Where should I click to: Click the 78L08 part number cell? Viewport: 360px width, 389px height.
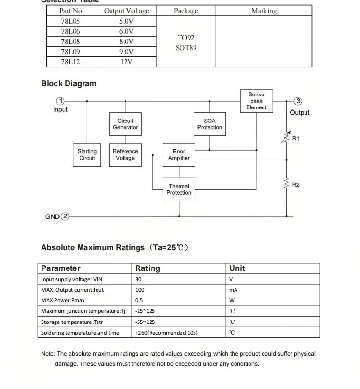click(70, 41)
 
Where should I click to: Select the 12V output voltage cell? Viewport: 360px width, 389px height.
click(126, 62)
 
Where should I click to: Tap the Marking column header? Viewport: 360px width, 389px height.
click(264, 11)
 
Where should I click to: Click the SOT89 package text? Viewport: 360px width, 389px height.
click(186, 48)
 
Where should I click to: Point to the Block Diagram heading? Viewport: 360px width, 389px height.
click(69, 83)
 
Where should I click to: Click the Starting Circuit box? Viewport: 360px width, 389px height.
click(87, 155)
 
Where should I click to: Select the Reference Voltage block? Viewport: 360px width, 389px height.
click(125, 155)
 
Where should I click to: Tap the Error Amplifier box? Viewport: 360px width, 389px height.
click(179, 155)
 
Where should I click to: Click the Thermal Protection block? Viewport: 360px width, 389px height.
click(179, 189)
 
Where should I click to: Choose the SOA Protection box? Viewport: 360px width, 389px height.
click(209, 124)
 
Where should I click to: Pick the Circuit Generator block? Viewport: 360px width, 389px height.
click(125, 124)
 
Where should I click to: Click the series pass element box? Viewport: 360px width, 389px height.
click(256, 101)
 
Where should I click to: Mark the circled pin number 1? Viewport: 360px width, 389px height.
click(60, 101)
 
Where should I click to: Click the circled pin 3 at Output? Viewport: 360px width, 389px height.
click(298, 101)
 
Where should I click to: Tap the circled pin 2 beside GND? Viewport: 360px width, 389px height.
click(65, 216)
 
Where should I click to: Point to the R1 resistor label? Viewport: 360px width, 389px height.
click(296, 139)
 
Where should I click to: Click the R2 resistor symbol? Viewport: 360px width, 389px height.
click(287, 184)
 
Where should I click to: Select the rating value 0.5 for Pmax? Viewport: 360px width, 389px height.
click(139, 300)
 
